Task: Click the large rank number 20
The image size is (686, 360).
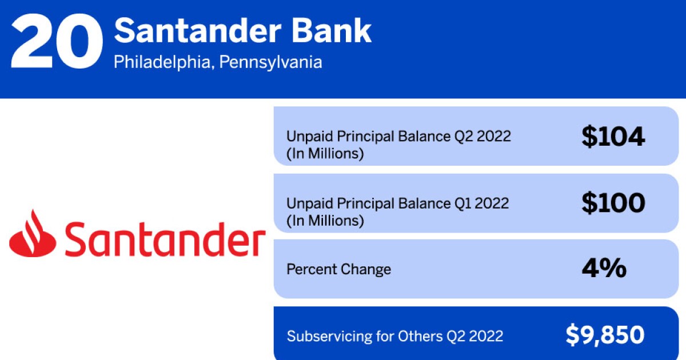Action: coord(57,41)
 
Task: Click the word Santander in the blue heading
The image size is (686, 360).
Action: coord(198,31)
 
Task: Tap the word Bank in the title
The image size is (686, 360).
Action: coord(332,31)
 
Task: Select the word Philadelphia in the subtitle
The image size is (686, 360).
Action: coord(162,62)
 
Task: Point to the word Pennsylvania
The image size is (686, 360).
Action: coord(271,62)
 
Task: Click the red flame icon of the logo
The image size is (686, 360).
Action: coord(33,233)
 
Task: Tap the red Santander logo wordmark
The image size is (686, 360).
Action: coord(165,239)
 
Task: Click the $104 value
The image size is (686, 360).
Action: coord(613,136)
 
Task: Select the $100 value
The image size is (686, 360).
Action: coord(613,203)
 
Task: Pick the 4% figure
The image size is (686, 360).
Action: coord(604,268)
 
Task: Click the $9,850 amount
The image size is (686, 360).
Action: coord(605,335)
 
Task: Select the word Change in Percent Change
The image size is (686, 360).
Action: coord(365,269)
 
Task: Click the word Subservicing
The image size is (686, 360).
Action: coord(329,337)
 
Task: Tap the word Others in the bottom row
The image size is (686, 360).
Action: coord(420,336)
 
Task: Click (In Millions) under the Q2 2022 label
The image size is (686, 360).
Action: coord(325,153)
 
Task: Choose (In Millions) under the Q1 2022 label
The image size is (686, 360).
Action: coord(325,221)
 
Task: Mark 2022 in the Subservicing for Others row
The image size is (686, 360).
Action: coord(486,336)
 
